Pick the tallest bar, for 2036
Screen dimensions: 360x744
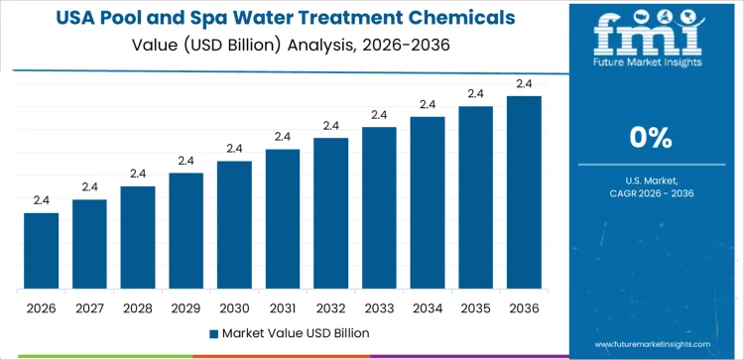click(x=524, y=192)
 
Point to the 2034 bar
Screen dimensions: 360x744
click(x=428, y=203)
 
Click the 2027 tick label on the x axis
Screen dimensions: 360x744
click(x=89, y=307)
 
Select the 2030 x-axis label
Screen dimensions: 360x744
click(x=234, y=307)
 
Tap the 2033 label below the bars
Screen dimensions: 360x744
click(x=379, y=307)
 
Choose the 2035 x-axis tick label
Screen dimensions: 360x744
click(x=475, y=307)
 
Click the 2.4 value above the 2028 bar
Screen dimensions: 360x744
click(x=138, y=174)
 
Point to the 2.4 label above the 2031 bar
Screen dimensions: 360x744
click(x=283, y=137)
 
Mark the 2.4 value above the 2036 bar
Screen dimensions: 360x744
click(x=524, y=83)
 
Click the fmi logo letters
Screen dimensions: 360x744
click(x=653, y=35)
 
